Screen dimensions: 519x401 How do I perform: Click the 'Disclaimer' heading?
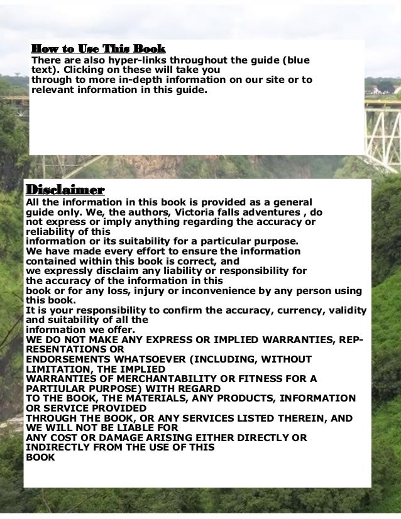(x=64, y=189)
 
